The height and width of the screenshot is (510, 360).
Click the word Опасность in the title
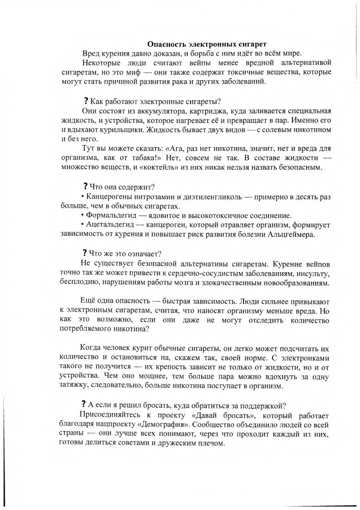(164, 44)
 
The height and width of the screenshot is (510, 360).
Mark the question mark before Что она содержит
(85, 186)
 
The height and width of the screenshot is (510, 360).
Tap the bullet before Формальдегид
(82, 215)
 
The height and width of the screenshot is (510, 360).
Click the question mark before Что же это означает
(85, 253)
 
